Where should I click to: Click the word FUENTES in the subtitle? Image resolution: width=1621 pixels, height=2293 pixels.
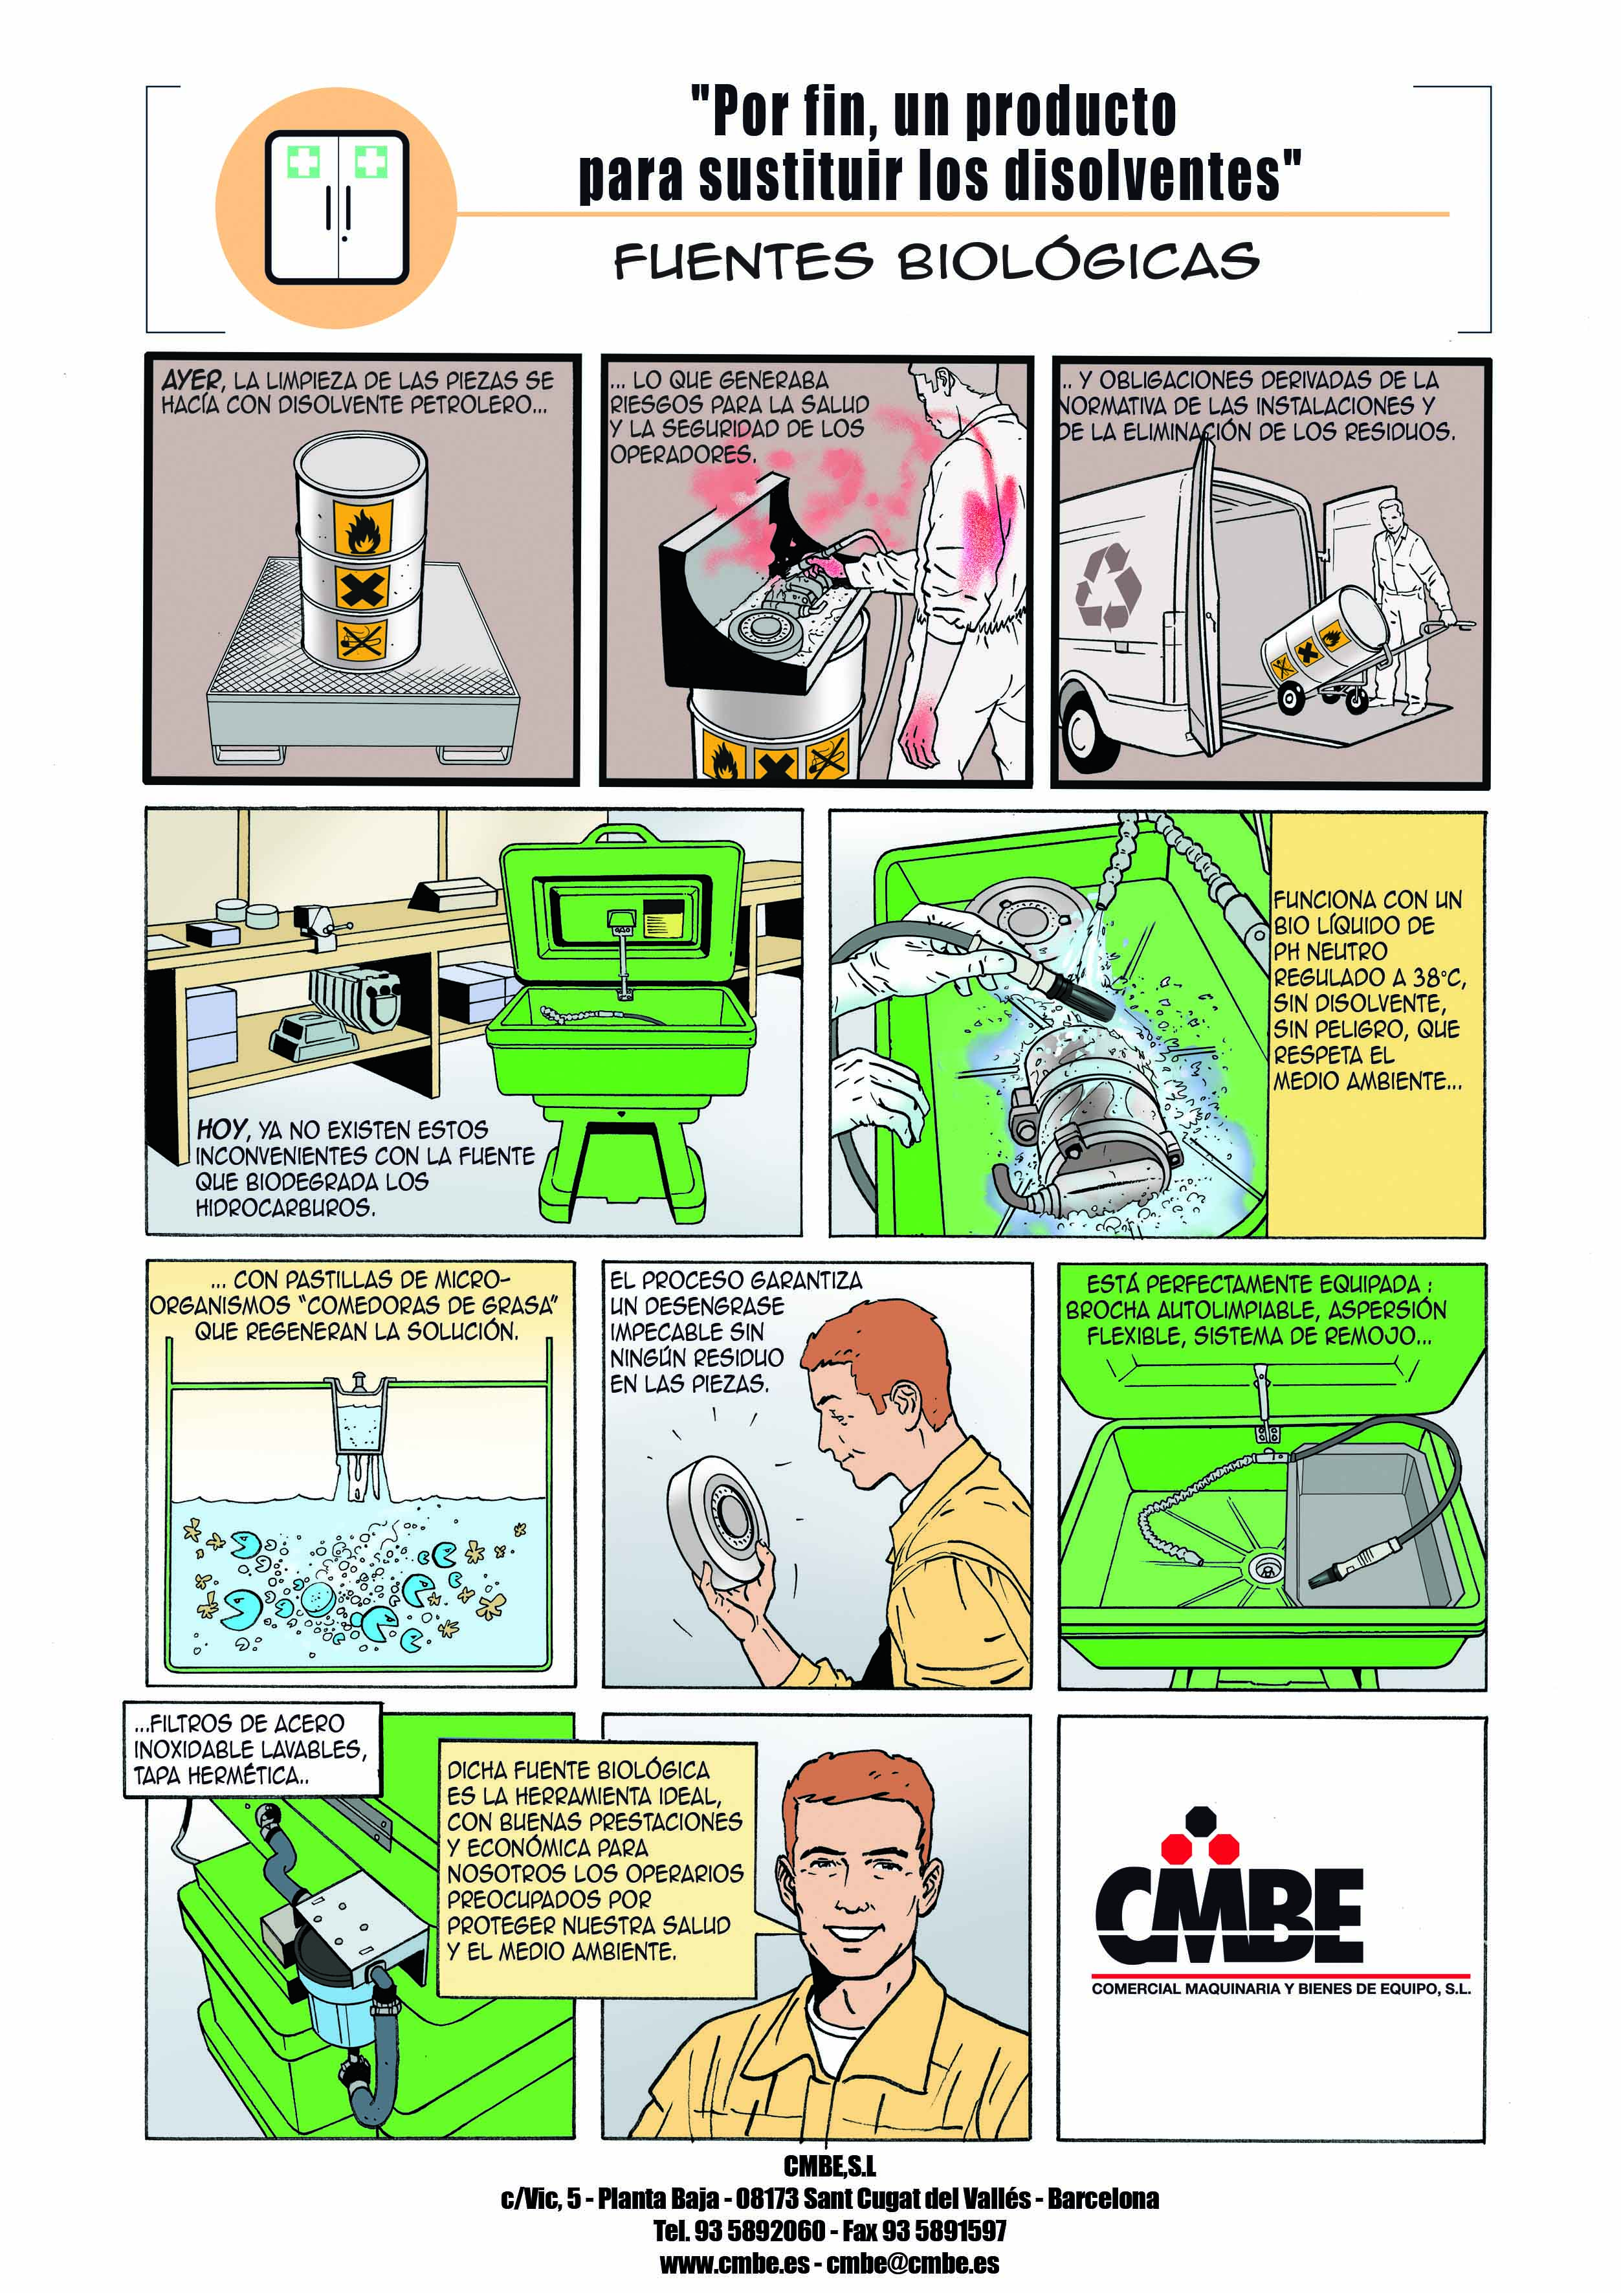coord(743,261)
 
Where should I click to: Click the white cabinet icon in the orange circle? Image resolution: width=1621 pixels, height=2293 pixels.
coord(336,208)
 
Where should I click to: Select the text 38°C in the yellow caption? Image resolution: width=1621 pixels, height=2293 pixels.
coord(1439,978)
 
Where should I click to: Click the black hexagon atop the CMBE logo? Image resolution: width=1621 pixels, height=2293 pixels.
coord(1200,1821)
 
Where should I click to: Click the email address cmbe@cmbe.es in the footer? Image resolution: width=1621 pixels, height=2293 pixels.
coord(913,2263)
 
